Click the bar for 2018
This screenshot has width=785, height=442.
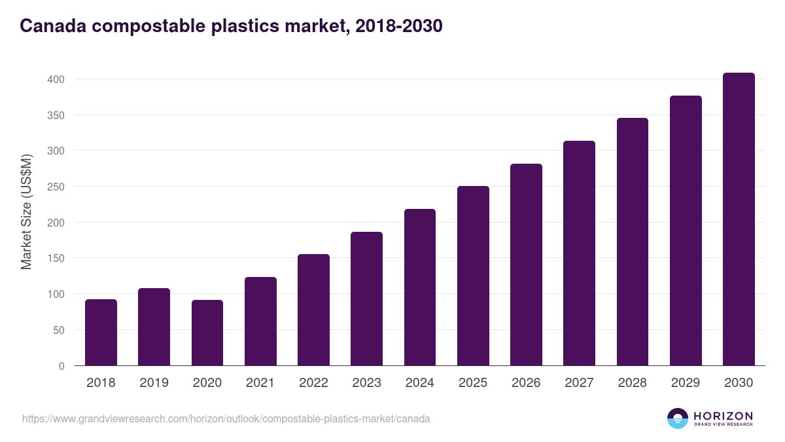[101, 333]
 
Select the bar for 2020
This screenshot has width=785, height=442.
[207, 333]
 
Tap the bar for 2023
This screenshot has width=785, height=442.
[366, 299]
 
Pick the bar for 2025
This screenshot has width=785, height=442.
[473, 276]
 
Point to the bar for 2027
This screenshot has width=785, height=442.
[579, 253]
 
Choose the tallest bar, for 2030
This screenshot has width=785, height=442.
[739, 219]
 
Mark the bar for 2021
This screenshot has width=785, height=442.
[260, 322]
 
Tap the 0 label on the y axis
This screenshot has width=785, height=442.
[61, 366]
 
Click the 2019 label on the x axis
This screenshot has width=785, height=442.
[154, 383]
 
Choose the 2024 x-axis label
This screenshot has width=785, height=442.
[419, 383]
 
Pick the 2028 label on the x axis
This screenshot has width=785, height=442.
[632, 383]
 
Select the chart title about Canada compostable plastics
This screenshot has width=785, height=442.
[231, 26]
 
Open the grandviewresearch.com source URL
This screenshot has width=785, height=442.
[226, 418]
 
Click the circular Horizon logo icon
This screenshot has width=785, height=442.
[678, 418]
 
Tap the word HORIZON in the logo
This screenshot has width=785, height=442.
[723, 416]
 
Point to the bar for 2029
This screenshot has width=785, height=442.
[686, 230]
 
